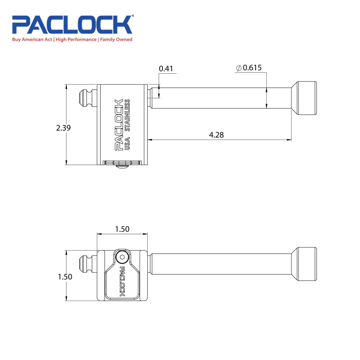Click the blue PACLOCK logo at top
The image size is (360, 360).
(x=72, y=24)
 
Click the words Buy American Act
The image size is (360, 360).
(x=33, y=40)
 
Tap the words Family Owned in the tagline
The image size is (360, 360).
(x=116, y=40)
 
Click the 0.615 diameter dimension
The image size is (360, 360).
(x=252, y=68)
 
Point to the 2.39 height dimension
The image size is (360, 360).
(x=63, y=128)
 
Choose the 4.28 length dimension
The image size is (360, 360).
(x=216, y=135)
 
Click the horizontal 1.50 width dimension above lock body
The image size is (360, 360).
(x=122, y=229)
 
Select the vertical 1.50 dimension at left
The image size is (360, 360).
(x=65, y=277)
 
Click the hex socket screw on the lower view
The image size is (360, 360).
(x=122, y=257)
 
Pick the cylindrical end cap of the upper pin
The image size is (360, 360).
(x=306, y=98)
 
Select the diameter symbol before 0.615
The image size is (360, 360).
(x=238, y=68)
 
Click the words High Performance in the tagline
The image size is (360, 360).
(x=76, y=40)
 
